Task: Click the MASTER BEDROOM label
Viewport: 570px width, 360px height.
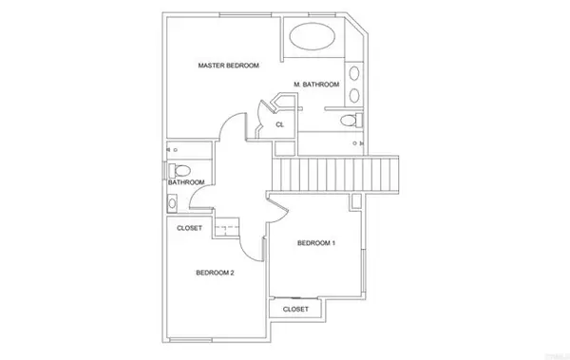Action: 228,66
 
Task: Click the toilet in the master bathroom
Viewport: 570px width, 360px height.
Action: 350,121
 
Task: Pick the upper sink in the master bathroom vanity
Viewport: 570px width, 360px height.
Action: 353,72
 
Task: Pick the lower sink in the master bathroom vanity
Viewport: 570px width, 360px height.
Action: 353,94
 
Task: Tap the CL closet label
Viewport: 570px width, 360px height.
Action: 280,124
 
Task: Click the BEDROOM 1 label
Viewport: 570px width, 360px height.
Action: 316,243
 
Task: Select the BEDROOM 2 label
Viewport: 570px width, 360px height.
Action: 215,273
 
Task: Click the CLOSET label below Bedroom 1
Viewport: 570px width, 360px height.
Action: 296,309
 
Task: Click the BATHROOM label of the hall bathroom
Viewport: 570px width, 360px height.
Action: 186,182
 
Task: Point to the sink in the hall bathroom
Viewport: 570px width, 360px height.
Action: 172,201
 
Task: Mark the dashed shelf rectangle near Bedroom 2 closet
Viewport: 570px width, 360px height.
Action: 228,227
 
